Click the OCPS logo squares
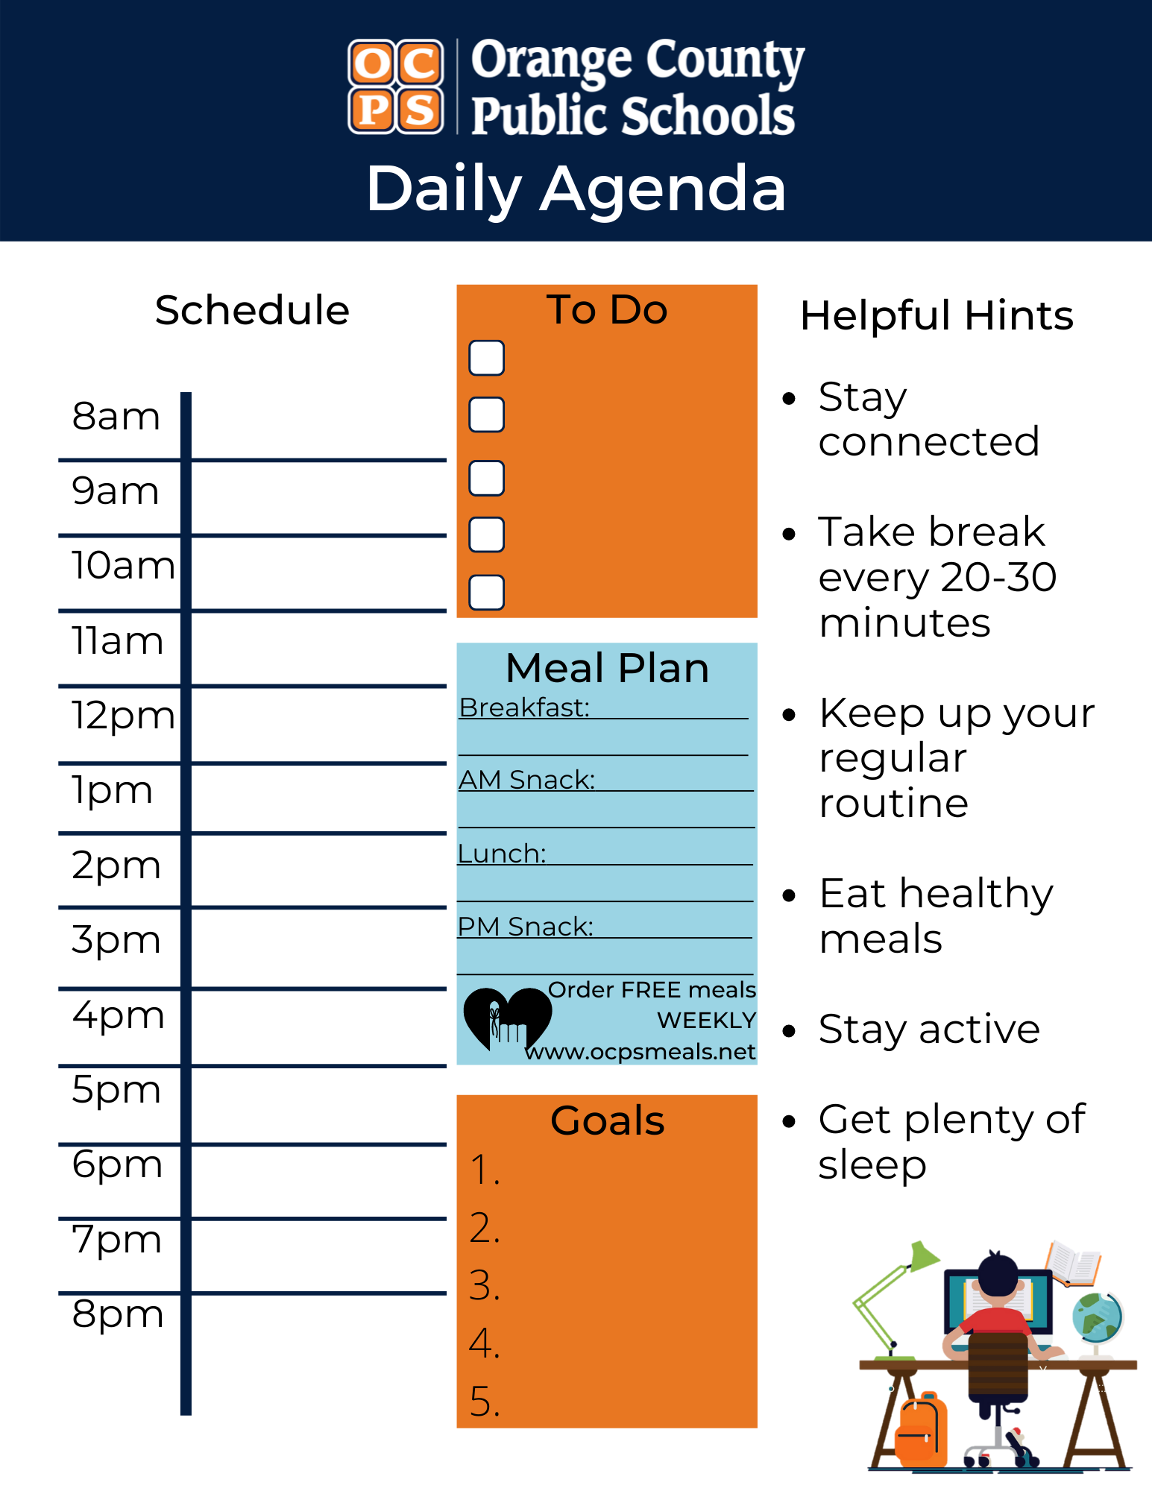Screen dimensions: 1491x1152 point(396,86)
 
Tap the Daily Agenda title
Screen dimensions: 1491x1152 point(576,189)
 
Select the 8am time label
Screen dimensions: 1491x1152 point(116,416)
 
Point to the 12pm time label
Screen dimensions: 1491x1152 point(123,716)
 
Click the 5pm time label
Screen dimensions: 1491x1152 point(116,1090)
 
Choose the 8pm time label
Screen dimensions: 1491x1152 point(118,1314)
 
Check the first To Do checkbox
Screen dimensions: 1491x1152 point(486,358)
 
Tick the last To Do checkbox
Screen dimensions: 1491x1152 point(486,592)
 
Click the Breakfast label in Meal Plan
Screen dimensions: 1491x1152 point(524,707)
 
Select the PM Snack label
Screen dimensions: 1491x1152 point(526,927)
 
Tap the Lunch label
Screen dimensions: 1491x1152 point(502,854)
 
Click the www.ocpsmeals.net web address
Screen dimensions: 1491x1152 point(640,1052)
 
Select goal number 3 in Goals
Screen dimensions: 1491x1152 point(485,1286)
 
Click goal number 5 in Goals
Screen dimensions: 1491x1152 point(485,1402)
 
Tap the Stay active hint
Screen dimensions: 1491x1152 point(928,1030)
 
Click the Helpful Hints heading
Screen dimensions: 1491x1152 point(937,315)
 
